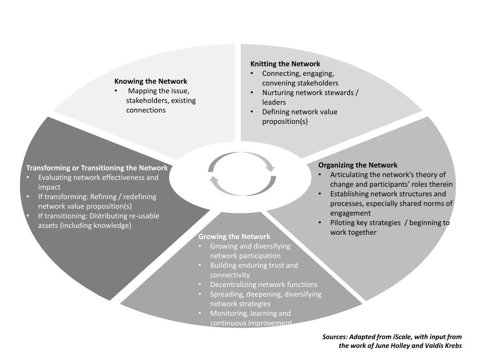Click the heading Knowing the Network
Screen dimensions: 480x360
pyautogui.click(x=150, y=82)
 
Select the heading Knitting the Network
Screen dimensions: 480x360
pyautogui.click(x=285, y=64)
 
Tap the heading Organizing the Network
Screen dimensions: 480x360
pyautogui.click(x=358, y=165)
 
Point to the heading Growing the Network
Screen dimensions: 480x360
pyautogui.click(x=234, y=237)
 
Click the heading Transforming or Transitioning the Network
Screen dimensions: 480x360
pyautogui.click(x=97, y=168)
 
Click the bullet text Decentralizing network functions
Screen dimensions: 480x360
pyautogui.click(x=263, y=285)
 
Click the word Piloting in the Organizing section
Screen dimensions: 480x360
pyautogui.click(x=344, y=223)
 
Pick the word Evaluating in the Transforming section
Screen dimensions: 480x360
pyautogui.click(x=54, y=178)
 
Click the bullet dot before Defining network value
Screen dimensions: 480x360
pyautogui.click(x=252, y=112)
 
